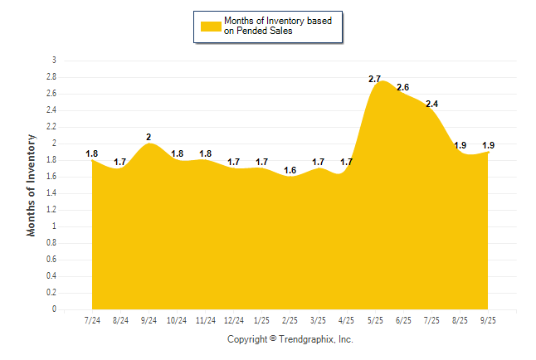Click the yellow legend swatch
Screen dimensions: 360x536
(x=211, y=26)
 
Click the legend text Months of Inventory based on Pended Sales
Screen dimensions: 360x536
(x=278, y=26)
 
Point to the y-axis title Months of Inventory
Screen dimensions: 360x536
(x=32, y=185)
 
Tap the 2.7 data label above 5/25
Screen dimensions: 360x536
(x=374, y=79)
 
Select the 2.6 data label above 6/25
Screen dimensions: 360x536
(x=403, y=87)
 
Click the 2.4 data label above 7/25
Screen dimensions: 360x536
(x=431, y=104)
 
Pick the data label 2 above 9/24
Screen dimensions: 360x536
(x=149, y=137)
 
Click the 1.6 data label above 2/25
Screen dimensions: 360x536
(x=290, y=170)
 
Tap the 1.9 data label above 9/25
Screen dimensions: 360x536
(x=489, y=145)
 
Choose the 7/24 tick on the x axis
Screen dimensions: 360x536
(x=92, y=320)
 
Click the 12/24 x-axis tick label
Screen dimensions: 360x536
(x=234, y=320)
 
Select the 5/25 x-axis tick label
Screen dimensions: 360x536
(x=375, y=320)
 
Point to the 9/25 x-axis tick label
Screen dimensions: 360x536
(x=489, y=320)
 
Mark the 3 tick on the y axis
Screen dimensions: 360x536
(x=54, y=61)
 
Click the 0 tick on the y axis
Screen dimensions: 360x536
(x=54, y=309)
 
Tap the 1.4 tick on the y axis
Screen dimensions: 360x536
(x=51, y=193)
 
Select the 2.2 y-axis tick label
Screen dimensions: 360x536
(x=51, y=127)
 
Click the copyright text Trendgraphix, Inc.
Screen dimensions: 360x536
(x=290, y=339)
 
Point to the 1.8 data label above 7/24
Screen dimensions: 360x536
(x=92, y=153)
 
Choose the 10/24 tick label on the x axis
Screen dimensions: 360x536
(x=177, y=320)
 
